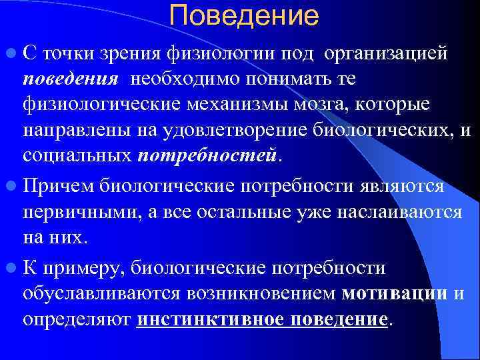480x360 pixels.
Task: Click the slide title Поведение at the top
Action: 244,17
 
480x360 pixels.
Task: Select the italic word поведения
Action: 71,79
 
